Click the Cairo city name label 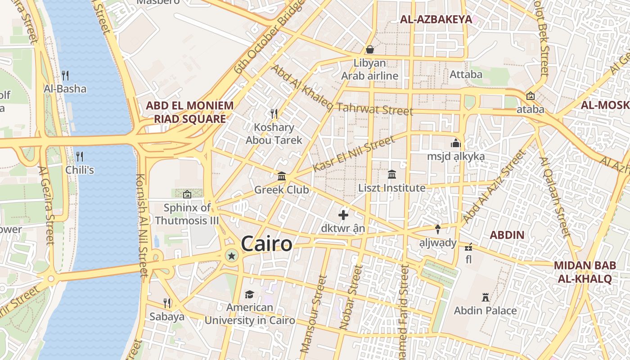266,244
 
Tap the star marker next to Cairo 231,256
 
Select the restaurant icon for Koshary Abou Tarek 273,113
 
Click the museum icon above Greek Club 282,176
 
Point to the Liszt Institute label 391,188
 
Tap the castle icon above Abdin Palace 485,297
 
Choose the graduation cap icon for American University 249,294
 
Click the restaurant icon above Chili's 80,156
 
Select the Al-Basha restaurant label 65,89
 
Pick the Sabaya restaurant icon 167,303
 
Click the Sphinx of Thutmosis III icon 187,194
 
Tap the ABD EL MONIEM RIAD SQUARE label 189,112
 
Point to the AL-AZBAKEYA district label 436,19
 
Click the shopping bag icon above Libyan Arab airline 370,49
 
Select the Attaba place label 466,74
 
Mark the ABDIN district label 507,234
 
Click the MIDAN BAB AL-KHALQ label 585,272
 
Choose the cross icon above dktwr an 343,215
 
